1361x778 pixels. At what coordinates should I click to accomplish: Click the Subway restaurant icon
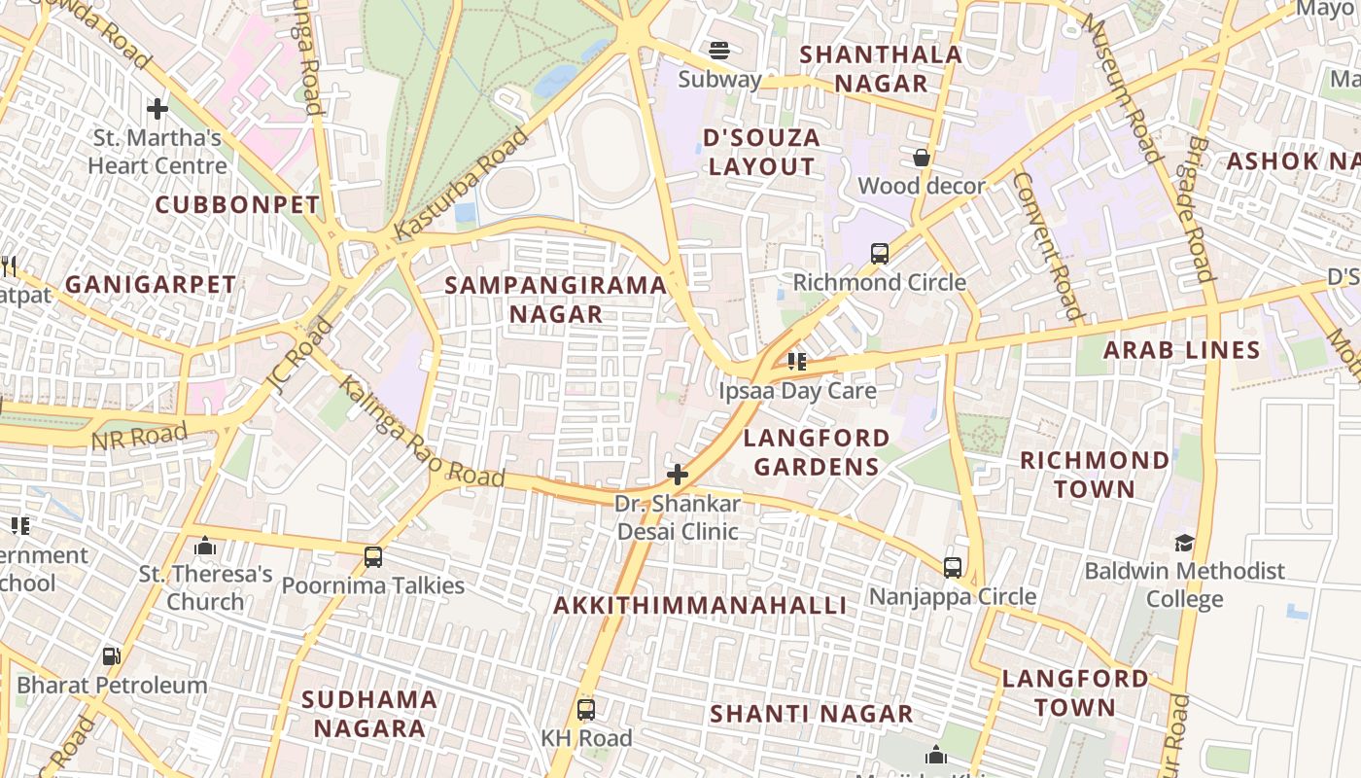[x=719, y=50]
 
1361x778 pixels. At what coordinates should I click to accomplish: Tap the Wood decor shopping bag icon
[x=921, y=158]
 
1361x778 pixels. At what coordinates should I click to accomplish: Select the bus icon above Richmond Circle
[x=880, y=254]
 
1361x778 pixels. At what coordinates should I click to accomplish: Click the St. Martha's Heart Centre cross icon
[x=157, y=108]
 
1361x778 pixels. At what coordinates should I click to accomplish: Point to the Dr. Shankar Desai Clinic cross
[x=678, y=476]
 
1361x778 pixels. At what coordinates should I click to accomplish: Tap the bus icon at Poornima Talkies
[x=373, y=557]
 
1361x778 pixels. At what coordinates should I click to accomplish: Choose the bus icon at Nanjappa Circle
[x=953, y=567]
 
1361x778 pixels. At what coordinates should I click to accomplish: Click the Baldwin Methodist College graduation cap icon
[x=1184, y=543]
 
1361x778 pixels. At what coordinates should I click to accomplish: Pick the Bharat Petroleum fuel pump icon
[x=112, y=656]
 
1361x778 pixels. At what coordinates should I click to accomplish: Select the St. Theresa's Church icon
[x=204, y=547]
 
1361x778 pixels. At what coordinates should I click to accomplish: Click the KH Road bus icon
[x=585, y=709]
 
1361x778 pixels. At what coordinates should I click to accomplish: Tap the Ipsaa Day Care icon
[x=797, y=363]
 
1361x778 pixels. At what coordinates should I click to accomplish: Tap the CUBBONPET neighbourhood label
[x=237, y=205]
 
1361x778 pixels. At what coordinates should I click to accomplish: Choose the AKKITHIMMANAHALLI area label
[x=700, y=606]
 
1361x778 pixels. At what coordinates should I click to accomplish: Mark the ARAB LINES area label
[x=1181, y=351]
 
